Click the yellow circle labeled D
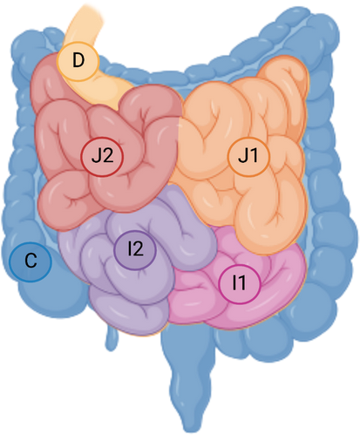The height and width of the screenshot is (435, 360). click(x=78, y=61)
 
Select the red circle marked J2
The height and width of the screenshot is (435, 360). click(x=102, y=157)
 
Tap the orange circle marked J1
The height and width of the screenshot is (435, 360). click(x=248, y=157)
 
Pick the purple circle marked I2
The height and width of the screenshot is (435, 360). click(x=135, y=249)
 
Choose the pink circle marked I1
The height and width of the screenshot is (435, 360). click(x=240, y=284)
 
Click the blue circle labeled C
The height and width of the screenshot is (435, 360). click(x=31, y=262)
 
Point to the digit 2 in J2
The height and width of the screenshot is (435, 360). click(x=108, y=155)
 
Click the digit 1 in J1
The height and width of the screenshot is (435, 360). click(x=254, y=155)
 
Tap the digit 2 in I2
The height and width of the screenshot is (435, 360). click(x=138, y=249)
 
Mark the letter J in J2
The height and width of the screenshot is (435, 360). click(x=96, y=156)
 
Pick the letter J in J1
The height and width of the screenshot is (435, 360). click(x=243, y=156)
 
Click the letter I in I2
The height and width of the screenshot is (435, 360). click(x=130, y=249)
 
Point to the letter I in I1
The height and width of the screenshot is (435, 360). click(x=234, y=283)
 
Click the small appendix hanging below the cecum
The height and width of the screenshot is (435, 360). click(x=112, y=337)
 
